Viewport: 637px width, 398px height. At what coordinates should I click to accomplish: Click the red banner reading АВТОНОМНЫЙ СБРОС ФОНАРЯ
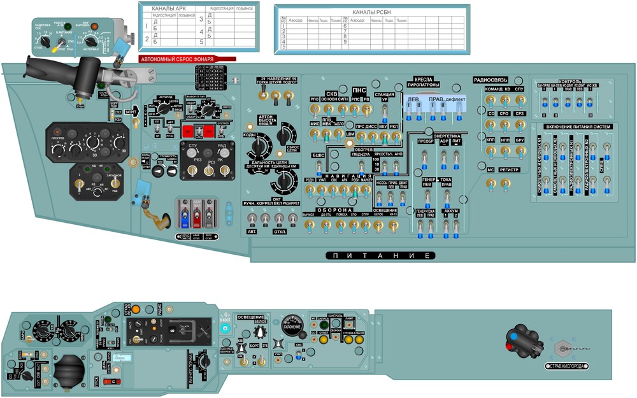(x=187, y=59)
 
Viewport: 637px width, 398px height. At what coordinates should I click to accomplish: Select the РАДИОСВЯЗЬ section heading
(x=490, y=80)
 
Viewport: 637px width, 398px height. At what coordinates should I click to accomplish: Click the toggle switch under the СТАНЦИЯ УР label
(x=384, y=113)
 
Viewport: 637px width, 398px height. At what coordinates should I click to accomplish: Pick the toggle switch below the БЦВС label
(x=318, y=167)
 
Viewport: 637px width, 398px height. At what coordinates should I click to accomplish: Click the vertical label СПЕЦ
(x=603, y=168)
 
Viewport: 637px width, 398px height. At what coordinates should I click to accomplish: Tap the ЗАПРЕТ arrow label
(x=131, y=112)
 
